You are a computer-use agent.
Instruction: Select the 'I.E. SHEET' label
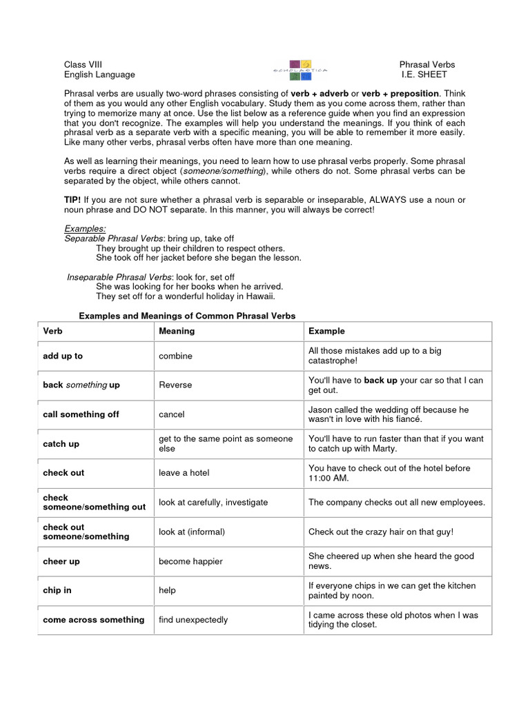click(424, 74)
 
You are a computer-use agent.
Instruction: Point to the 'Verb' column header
click(52, 331)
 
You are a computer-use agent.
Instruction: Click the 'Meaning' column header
click(177, 331)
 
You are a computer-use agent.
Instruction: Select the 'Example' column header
click(326, 331)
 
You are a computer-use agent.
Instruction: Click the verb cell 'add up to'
click(63, 356)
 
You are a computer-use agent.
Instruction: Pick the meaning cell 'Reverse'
click(175, 385)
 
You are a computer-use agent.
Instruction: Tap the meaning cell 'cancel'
click(172, 414)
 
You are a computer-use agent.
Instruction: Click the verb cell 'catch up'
click(61, 444)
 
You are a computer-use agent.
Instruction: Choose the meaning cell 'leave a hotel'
click(184, 473)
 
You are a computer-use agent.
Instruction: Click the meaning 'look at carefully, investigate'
click(213, 503)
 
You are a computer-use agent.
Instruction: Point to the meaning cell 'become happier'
click(190, 561)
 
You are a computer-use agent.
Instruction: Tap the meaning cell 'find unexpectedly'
click(193, 620)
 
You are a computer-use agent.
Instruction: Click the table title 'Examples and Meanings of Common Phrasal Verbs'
click(187, 316)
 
